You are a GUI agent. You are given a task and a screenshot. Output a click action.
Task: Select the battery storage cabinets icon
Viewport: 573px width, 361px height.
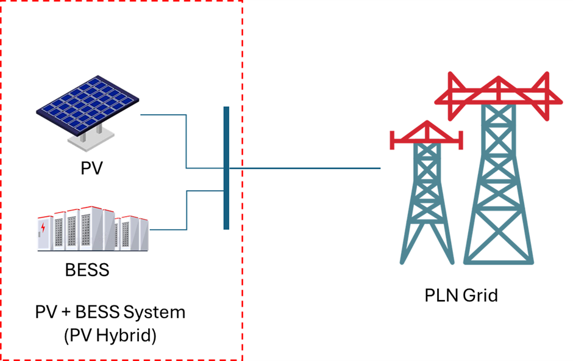click(x=91, y=229)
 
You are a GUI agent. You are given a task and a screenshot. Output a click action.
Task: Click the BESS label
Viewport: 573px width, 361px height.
click(x=87, y=269)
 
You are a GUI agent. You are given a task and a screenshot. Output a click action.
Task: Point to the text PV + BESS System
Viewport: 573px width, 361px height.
click(x=110, y=312)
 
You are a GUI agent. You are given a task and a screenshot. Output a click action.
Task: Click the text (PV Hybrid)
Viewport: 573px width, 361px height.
click(x=110, y=335)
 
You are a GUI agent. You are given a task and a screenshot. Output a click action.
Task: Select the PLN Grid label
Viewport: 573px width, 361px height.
click(x=461, y=296)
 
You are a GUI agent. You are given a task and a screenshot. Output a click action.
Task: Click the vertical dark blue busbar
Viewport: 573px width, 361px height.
click(x=226, y=168)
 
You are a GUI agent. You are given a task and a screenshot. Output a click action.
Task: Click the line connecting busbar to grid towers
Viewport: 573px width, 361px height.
click(x=305, y=168)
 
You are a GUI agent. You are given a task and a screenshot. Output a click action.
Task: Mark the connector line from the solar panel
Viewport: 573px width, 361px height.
click(x=185, y=140)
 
